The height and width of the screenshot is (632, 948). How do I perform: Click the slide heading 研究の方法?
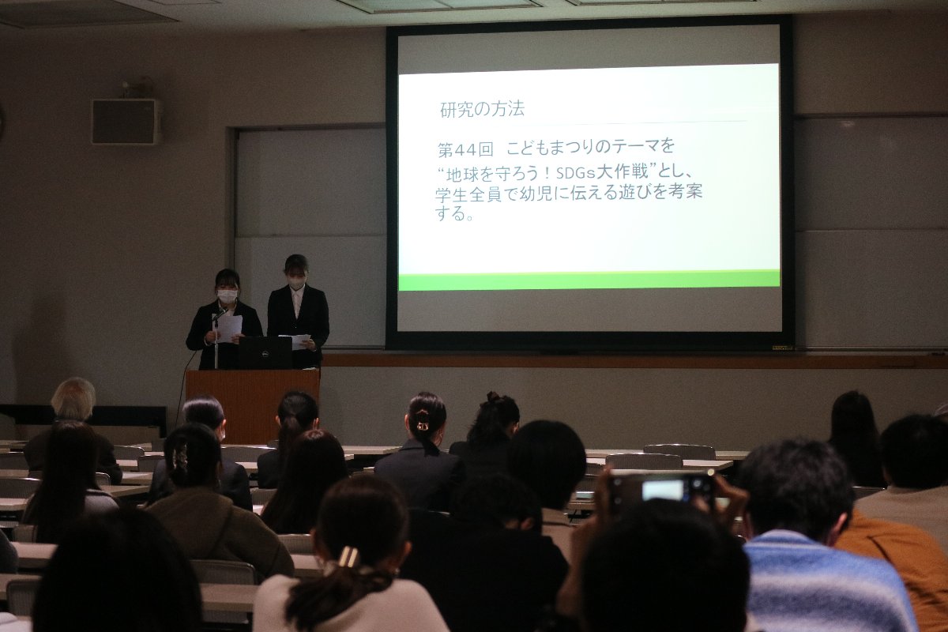tap(482, 109)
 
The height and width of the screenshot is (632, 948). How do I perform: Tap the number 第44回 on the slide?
tap(466, 149)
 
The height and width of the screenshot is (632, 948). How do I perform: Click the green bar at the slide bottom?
tap(589, 280)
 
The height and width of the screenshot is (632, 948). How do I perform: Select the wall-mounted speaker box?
tap(126, 122)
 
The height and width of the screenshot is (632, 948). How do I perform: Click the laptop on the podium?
tap(264, 352)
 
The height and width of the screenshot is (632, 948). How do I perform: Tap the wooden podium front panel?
tap(253, 405)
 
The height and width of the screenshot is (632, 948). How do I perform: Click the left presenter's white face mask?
tap(228, 294)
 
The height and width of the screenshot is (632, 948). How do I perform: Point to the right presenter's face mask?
tap(296, 280)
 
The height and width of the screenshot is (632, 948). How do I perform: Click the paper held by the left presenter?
tap(230, 328)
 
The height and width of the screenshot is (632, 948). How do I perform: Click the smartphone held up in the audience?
tap(661, 490)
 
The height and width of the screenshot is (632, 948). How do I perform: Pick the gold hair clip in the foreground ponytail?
tap(348, 556)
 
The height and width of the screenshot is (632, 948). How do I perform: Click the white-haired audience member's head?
tap(73, 399)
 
